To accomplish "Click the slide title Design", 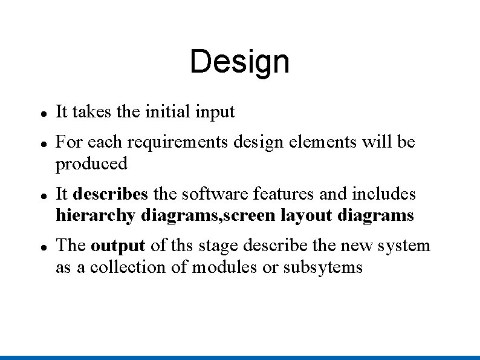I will click(239, 62).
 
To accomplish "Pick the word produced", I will click(91, 164).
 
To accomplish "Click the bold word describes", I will click(110, 194).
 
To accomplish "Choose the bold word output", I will click(118, 246).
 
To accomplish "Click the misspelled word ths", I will click(180, 246).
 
